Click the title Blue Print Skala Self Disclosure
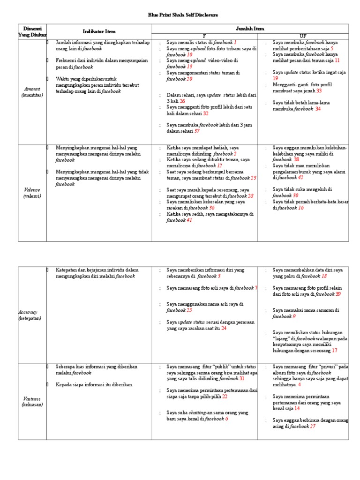[x=180, y=15]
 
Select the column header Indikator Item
[x=98, y=31]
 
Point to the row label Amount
[x=32, y=89]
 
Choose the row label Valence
[x=32, y=190]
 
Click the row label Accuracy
[x=28, y=312]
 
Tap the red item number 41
[x=189, y=220]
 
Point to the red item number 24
[x=224, y=328]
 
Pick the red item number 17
[x=334, y=350]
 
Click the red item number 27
[x=313, y=426]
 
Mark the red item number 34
[x=318, y=109]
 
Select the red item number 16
[x=301, y=208]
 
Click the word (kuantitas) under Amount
[x=32, y=95]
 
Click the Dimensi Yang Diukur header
[x=32, y=31]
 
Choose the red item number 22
[x=225, y=396]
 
